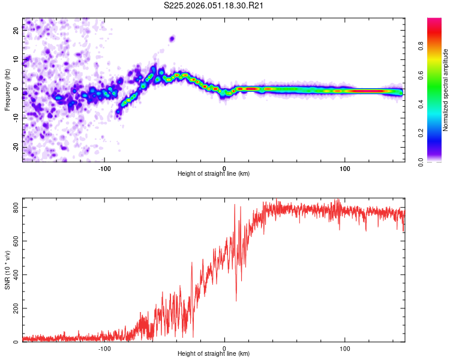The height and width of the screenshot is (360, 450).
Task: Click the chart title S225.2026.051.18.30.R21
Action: [x=214, y=5]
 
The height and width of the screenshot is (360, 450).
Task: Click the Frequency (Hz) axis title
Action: [x=7, y=89]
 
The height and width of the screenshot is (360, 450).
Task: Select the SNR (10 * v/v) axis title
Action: [x=7, y=271]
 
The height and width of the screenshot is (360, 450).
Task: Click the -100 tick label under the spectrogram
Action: [x=104, y=167]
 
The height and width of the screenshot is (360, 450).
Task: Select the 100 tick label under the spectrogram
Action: [x=345, y=167]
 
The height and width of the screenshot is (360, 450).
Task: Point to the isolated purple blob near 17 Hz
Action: [x=172, y=38]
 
